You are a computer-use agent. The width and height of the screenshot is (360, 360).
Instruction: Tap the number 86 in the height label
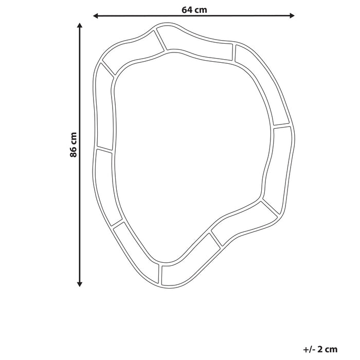74,152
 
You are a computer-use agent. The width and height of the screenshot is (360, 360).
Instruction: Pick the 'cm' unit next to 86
74,138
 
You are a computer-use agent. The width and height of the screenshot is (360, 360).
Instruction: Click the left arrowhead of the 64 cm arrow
96,16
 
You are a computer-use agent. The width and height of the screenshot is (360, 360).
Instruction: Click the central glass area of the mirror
190,149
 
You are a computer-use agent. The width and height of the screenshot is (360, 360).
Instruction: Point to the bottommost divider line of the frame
161,275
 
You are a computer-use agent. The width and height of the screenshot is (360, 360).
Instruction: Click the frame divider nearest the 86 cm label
104,150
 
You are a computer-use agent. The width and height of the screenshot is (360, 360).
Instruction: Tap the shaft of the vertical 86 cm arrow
80,216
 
